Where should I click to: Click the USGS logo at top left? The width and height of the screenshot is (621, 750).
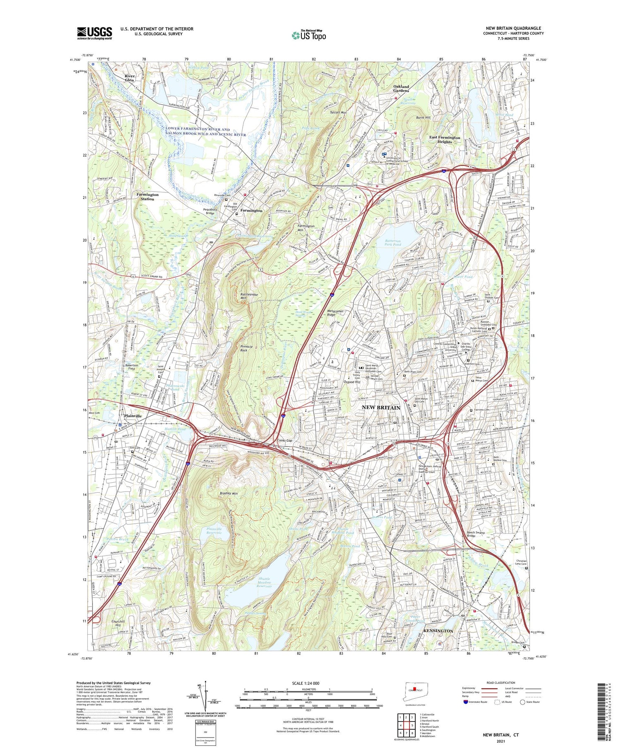[x=94, y=33]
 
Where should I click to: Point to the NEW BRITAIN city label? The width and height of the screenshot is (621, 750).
[x=381, y=407]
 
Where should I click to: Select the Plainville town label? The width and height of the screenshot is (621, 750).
[x=132, y=416]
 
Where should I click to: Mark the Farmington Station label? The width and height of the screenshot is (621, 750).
[x=147, y=196]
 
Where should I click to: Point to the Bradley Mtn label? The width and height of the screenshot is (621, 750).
[x=229, y=494]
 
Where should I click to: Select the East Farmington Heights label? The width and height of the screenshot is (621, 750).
[x=444, y=139]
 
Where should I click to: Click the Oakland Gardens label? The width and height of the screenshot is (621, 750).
[x=401, y=89]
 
